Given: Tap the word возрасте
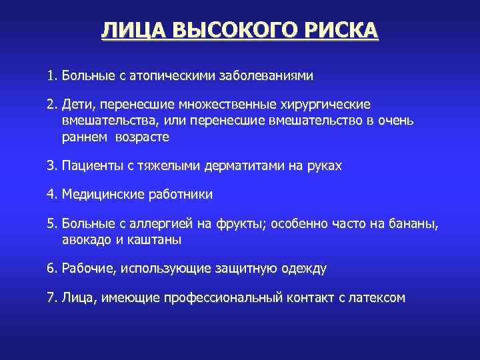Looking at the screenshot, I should (141, 137).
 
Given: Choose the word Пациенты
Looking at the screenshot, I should (91, 165).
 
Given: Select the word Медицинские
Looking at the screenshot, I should (102, 195).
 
